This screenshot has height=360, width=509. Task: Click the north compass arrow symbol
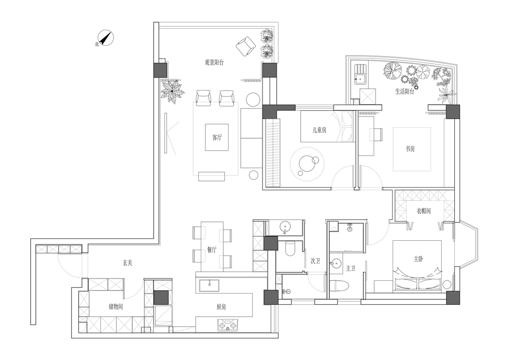click(x=107, y=38)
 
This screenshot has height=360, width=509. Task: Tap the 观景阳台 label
click(x=214, y=62)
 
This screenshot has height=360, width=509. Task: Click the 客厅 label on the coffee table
click(x=217, y=138)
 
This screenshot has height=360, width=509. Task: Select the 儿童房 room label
click(x=320, y=131)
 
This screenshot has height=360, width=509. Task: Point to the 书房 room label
click(x=411, y=149)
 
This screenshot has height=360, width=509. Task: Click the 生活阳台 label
click(x=404, y=92)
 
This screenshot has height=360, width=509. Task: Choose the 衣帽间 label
click(x=424, y=211)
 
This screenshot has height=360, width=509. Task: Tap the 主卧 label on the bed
click(x=419, y=259)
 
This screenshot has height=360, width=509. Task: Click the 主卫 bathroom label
click(x=351, y=269)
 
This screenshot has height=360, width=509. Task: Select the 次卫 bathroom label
click(x=315, y=261)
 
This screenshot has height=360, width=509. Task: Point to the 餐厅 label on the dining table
click(x=212, y=250)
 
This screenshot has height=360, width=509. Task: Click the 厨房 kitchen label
click(x=222, y=307)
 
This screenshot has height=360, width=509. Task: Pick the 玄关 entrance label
click(x=128, y=263)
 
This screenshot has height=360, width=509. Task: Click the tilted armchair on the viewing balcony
click(x=245, y=46)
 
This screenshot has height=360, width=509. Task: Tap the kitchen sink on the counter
click(x=208, y=284)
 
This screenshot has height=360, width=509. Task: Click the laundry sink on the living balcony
click(x=361, y=77)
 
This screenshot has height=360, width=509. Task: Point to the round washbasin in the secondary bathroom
click(x=286, y=228)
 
